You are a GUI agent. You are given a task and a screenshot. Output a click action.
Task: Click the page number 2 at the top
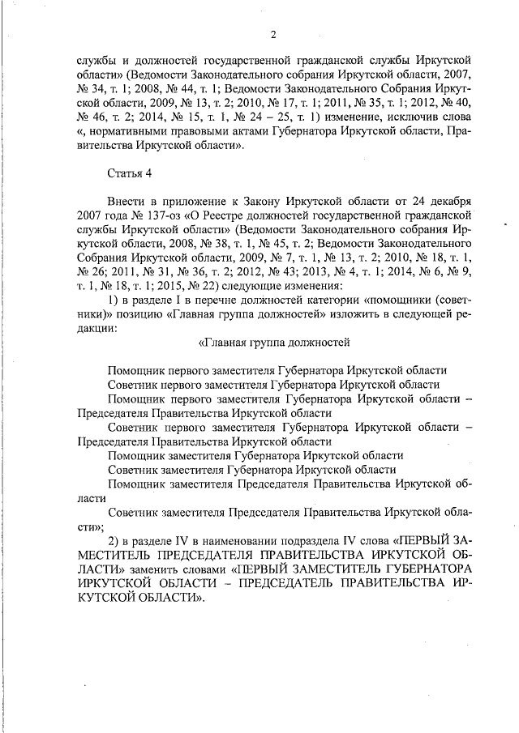[x=273, y=33]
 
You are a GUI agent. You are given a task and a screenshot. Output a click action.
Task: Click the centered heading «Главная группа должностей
[x=274, y=343]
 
